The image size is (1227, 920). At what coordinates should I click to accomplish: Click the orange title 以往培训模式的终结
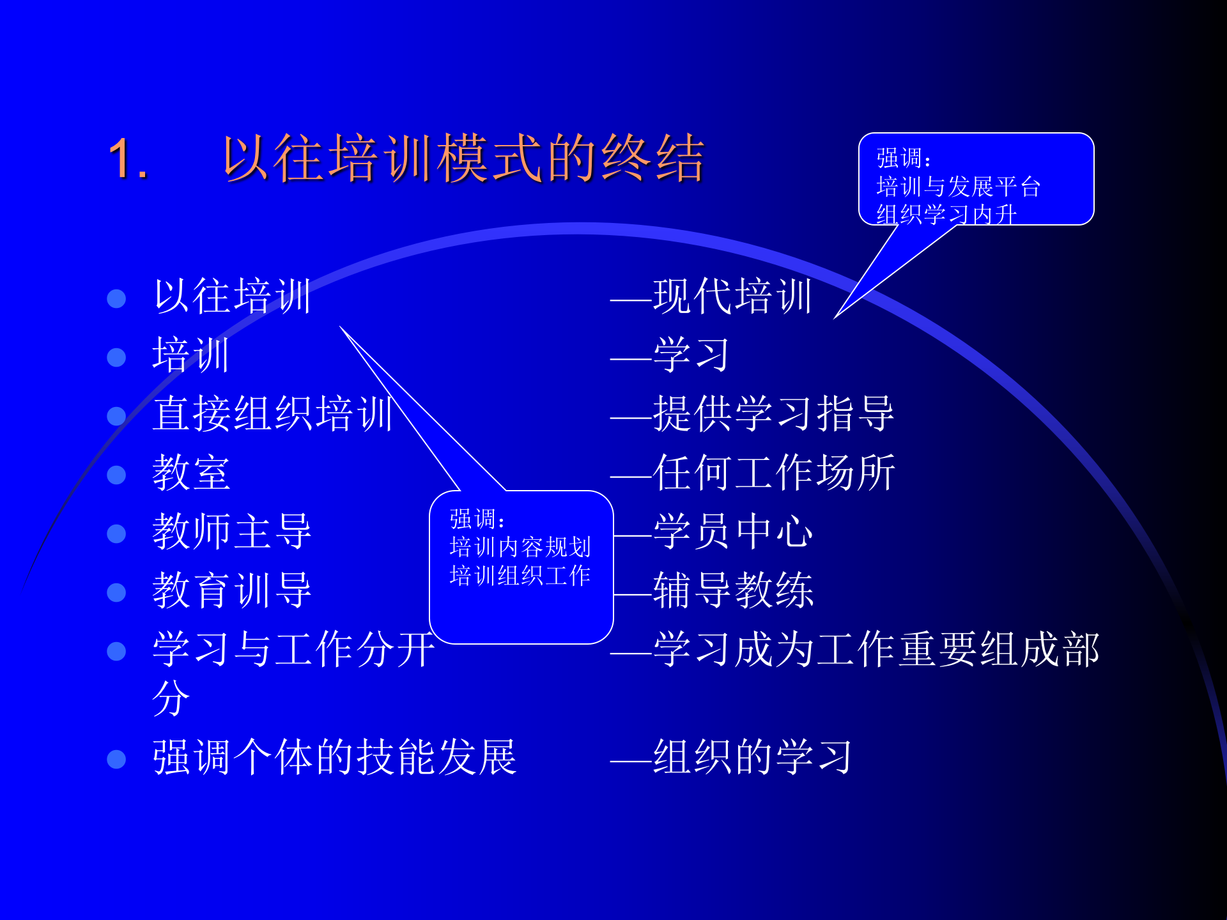pos(463,158)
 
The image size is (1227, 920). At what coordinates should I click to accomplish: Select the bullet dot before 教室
pos(116,475)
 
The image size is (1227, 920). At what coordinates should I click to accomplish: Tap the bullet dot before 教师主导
pos(116,533)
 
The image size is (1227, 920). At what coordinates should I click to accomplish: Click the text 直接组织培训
pos(273,414)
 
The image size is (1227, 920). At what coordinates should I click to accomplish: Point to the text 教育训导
pos(232,590)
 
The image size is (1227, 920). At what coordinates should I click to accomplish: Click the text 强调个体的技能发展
pos(334,758)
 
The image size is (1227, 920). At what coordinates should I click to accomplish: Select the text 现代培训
pos(732,296)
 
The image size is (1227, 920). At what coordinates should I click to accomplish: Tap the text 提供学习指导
pos(773,414)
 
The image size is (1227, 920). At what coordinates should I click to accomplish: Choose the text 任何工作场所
pos(774,473)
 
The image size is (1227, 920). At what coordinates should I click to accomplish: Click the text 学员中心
pos(733,532)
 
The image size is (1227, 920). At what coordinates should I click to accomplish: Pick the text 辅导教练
pos(733,590)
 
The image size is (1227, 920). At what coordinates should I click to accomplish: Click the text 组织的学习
pos(753,758)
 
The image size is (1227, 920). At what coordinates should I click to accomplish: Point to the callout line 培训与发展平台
pos(959,187)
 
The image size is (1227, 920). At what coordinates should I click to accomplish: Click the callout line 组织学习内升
pos(946,215)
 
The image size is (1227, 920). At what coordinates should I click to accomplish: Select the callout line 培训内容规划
pos(520,548)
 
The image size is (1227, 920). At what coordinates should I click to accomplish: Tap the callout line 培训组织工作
pos(520,576)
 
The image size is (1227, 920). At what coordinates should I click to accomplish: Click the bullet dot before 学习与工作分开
pos(116,651)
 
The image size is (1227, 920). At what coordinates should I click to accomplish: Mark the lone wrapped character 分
pos(171,698)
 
